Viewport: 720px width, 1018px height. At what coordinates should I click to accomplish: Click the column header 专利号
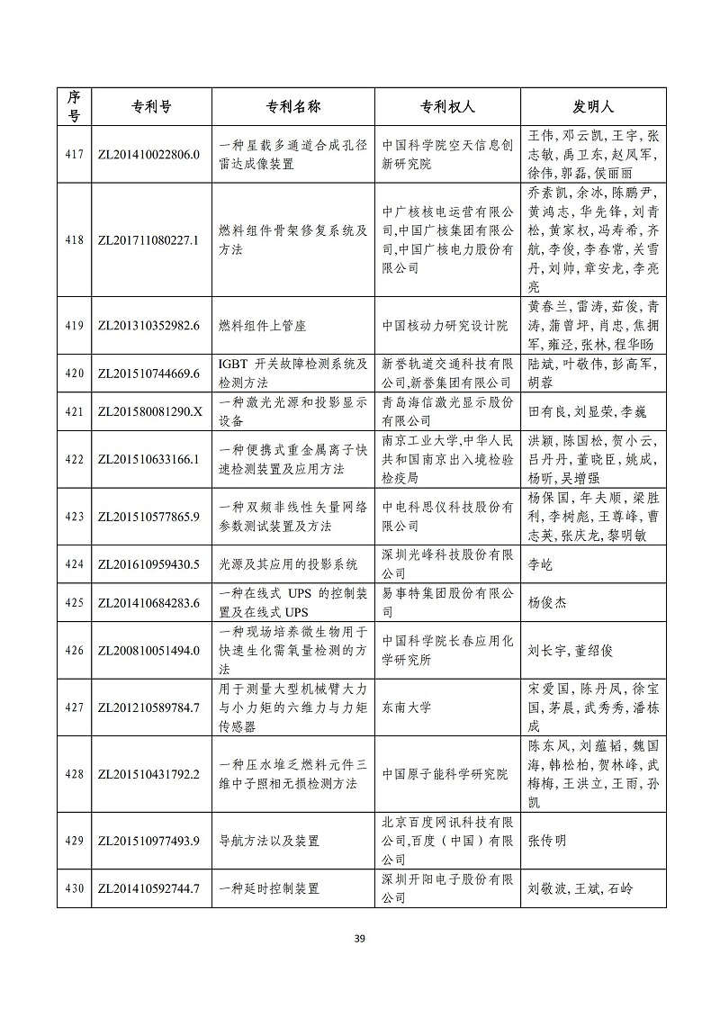tap(148, 106)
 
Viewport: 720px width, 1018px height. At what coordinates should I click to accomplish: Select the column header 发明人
tap(593, 106)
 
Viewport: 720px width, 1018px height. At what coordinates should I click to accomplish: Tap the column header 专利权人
tap(447, 106)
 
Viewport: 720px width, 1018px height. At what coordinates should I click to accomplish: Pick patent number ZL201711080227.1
tap(148, 240)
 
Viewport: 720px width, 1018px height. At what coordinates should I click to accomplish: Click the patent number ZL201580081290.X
tap(148, 411)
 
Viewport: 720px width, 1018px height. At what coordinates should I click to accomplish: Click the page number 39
tap(359, 939)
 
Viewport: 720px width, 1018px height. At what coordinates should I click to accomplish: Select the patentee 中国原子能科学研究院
tap(445, 774)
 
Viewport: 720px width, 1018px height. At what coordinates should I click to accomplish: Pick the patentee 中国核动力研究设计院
tap(445, 326)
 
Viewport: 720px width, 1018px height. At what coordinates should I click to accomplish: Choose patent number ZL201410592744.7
tap(148, 889)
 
